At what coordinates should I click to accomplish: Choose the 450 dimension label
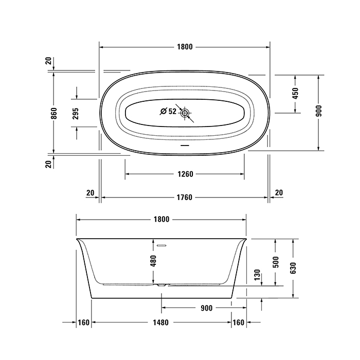coord(295,94)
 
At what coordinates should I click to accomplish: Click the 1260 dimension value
coord(184,174)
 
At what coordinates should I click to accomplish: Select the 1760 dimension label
coord(184,197)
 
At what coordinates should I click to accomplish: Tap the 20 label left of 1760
coord(90,193)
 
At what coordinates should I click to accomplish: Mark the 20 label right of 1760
coord(279,193)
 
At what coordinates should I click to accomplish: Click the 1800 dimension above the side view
coord(161,219)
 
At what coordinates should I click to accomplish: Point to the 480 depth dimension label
coord(153,261)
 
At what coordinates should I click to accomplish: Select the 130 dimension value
coord(257,276)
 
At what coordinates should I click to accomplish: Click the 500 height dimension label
coord(276,262)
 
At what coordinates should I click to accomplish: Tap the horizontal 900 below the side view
coord(206,309)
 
